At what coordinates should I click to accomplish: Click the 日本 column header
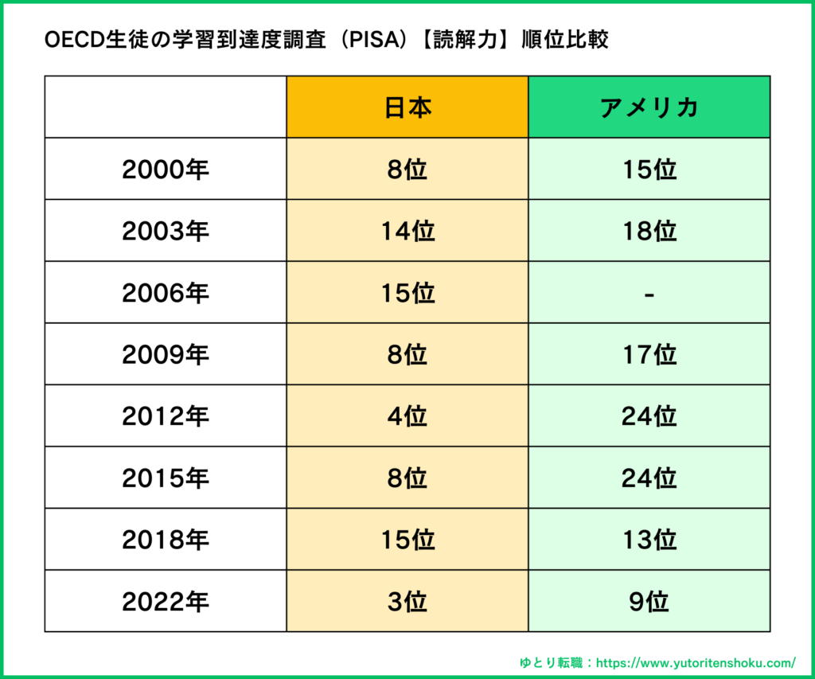[407, 107]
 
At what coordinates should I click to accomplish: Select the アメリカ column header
[649, 107]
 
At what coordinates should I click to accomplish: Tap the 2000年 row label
[166, 170]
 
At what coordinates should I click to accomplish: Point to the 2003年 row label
[166, 231]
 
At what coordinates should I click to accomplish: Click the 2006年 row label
[166, 293]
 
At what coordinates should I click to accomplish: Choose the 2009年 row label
[166, 355]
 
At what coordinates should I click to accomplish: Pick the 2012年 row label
[166, 416]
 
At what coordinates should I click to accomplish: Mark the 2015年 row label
[166, 478]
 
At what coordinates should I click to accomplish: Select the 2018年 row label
[166, 540]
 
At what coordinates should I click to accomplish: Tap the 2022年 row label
[166, 602]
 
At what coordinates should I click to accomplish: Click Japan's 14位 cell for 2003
[407, 231]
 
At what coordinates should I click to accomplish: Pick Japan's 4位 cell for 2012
[407, 416]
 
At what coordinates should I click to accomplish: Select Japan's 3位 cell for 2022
[407, 602]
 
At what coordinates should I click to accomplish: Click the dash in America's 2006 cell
[649, 294]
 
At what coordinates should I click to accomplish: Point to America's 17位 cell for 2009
[649, 355]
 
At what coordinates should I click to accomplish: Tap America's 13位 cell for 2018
[649, 540]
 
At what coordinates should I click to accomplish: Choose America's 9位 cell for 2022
[649, 602]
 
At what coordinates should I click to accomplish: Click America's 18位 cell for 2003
[649, 231]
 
